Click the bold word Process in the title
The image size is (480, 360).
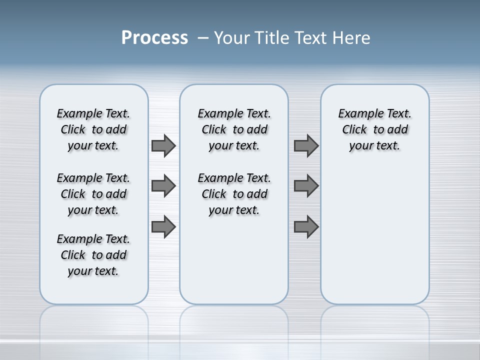pyautogui.click(x=154, y=38)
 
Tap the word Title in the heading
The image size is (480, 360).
pyautogui.click(x=273, y=38)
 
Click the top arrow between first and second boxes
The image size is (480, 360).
pyautogui.click(x=163, y=145)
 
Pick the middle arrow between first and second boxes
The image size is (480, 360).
pyautogui.click(x=163, y=186)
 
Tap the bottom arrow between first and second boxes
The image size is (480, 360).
pyautogui.click(x=163, y=226)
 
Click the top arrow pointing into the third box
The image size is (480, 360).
pyautogui.click(x=306, y=145)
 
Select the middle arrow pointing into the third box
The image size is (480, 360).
pyautogui.click(x=306, y=186)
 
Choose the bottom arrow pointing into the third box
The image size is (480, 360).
pyautogui.click(x=306, y=226)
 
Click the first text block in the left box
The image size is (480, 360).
pyautogui.click(x=93, y=129)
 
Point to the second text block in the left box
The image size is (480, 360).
pyautogui.click(x=93, y=194)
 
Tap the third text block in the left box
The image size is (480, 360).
pyautogui.click(x=93, y=255)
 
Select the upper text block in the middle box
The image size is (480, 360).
pyautogui.click(x=234, y=129)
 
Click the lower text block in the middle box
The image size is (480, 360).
pyautogui.click(x=234, y=194)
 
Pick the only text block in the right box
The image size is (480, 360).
pyautogui.click(x=374, y=129)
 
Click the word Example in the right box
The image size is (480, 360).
pyautogui.click(x=357, y=114)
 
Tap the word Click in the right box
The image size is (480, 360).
pyautogui.click(x=354, y=130)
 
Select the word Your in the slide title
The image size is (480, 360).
pyautogui.click(x=232, y=38)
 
